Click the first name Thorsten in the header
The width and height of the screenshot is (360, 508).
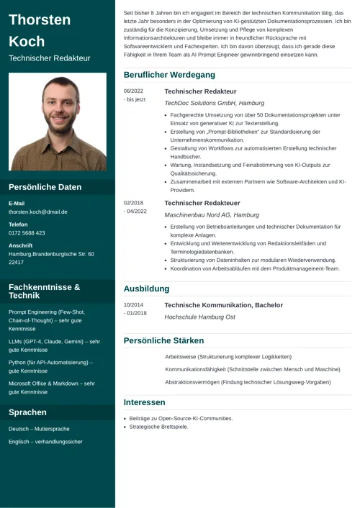40,20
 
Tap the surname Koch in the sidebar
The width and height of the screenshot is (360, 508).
27,41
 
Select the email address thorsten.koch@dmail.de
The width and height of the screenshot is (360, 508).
38,212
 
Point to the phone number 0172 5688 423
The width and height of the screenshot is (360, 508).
27,233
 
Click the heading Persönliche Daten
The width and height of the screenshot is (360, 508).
45,187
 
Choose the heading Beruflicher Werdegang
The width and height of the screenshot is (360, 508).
169,75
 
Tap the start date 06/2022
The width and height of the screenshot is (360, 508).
133,91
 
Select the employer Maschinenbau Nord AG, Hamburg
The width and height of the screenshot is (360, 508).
212,214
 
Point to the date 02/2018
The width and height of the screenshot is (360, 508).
133,204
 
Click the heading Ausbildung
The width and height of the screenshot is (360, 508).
146,289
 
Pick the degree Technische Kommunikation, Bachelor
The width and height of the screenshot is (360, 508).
224,305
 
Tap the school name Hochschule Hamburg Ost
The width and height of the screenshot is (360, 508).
199,317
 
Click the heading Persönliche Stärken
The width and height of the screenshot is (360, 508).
163,340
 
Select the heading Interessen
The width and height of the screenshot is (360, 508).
145,402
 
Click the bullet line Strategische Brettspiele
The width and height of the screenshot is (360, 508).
158,427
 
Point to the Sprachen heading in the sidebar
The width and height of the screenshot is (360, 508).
27,412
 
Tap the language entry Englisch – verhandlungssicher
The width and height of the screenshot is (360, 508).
45,441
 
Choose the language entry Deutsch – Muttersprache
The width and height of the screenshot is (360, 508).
39,429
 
